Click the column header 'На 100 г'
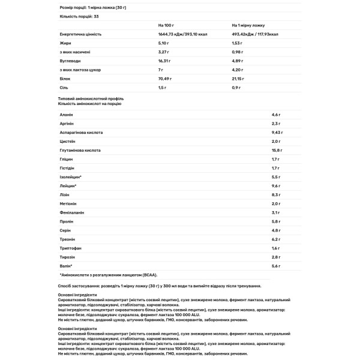pyautogui.click(x=165, y=25)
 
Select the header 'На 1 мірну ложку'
pyautogui.click(x=247, y=25)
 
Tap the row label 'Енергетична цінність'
pyautogui.click(x=80, y=34)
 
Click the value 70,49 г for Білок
pyautogui.click(x=164, y=79)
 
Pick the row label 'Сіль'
pyautogui.click(x=64, y=88)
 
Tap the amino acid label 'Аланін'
pyautogui.click(x=67, y=114)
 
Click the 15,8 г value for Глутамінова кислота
pyautogui.click(x=277, y=150)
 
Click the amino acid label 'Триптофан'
pyautogui.click(x=70, y=248)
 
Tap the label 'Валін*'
pyautogui.click(x=67, y=266)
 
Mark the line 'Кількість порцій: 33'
pyautogui.click(x=79, y=16)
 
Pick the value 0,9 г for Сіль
pyautogui.click(x=236, y=88)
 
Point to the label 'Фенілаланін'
pyautogui.click(x=72, y=212)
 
